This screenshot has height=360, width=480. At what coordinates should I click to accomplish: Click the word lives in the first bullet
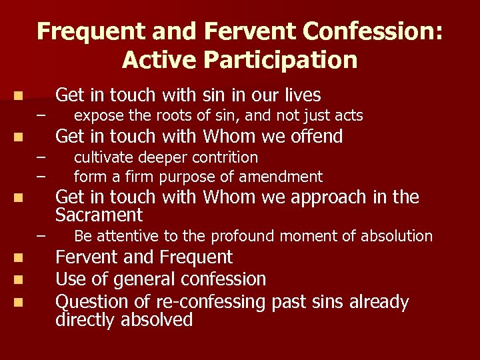pyautogui.click(x=299, y=95)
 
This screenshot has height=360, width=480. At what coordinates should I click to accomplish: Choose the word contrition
pyautogui.click(x=223, y=157)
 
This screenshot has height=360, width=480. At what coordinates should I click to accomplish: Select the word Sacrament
pyautogui.click(x=99, y=215)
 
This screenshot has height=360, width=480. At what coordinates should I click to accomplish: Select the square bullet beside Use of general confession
pyautogui.click(x=21, y=279)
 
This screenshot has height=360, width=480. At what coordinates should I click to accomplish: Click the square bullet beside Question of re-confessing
pyautogui.click(x=21, y=303)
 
